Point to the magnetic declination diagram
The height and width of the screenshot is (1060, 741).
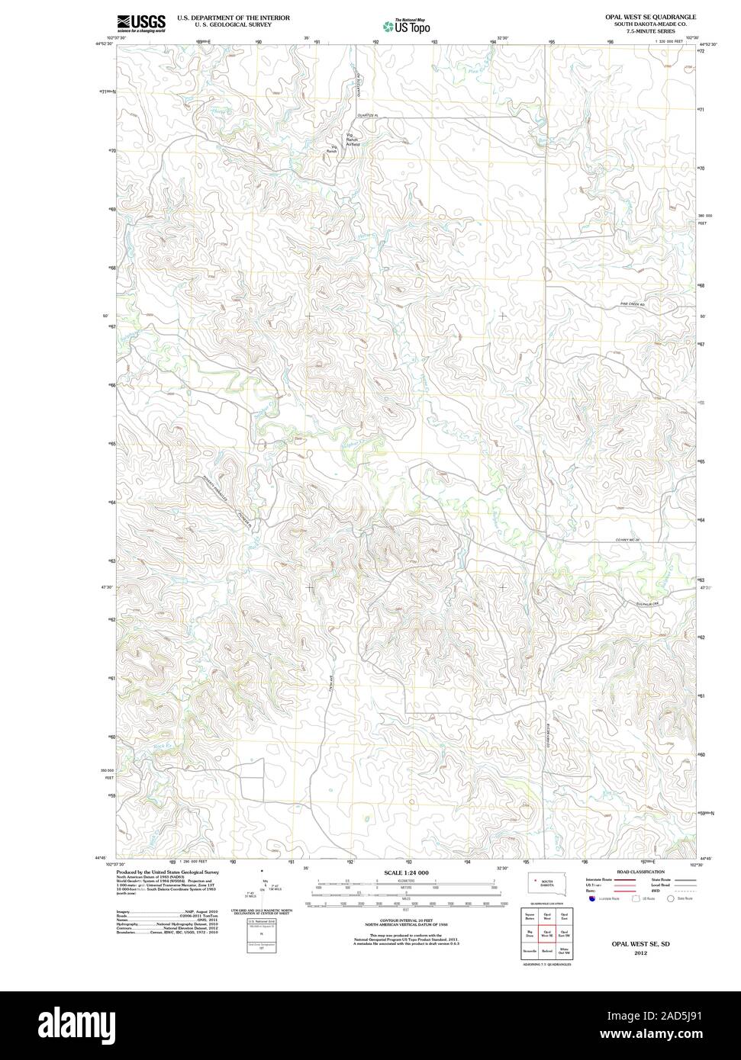coord(263,888)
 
